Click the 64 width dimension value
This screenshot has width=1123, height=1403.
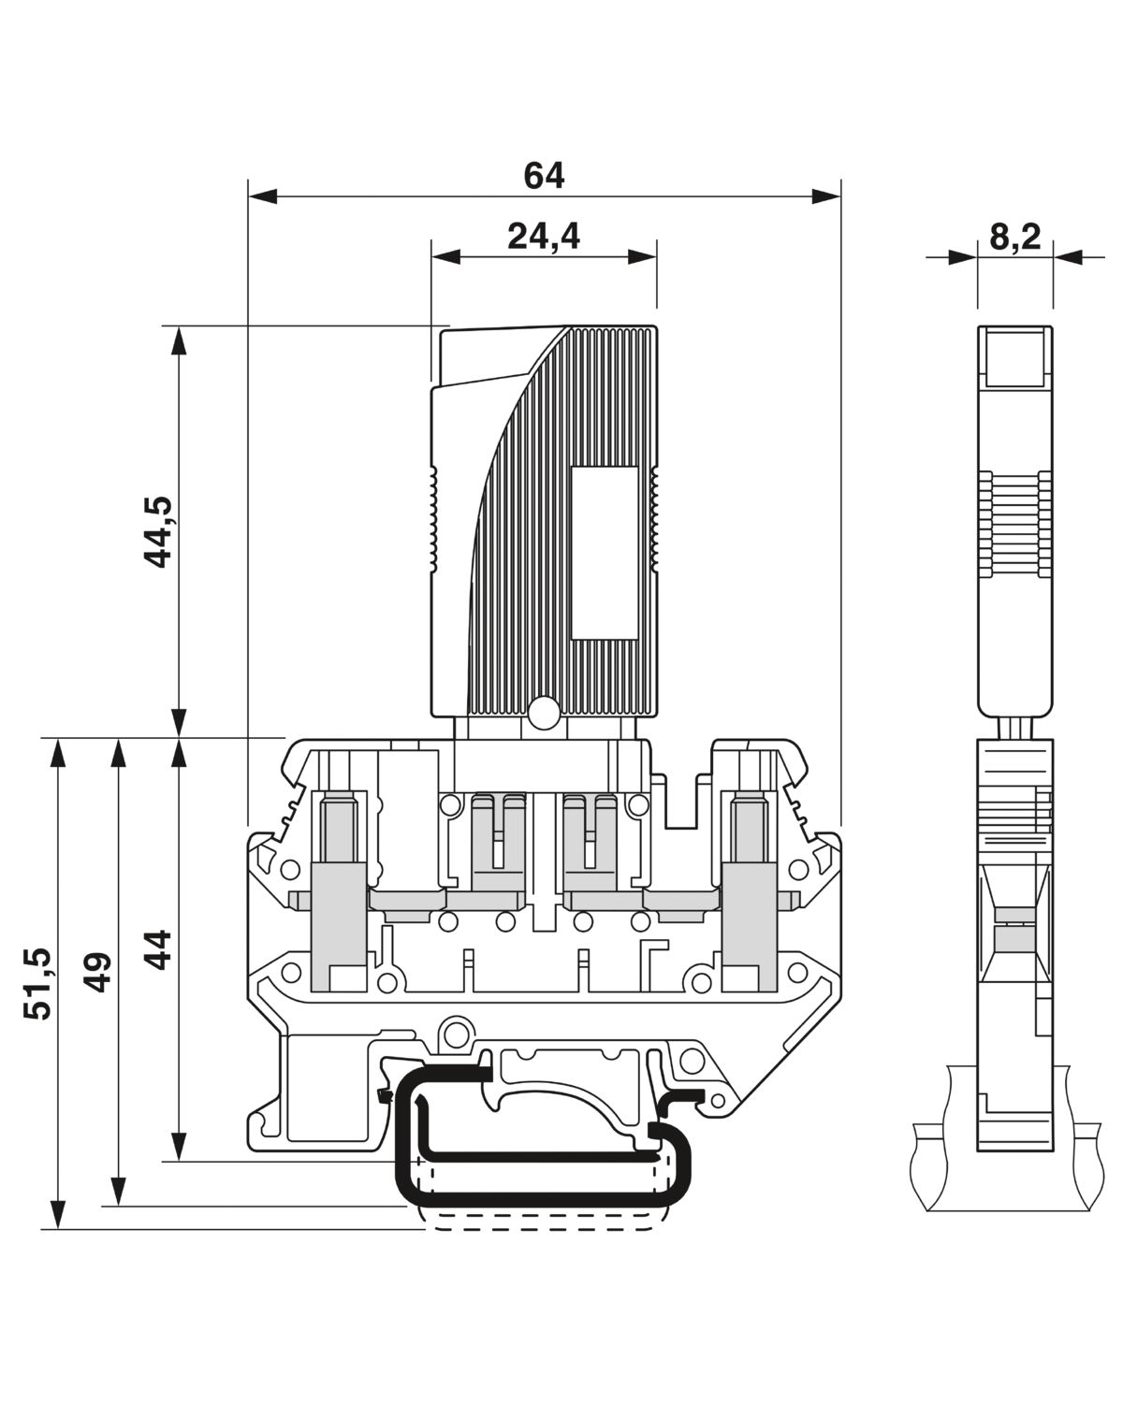coord(544,176)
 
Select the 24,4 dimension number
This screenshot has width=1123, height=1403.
coord(544,237)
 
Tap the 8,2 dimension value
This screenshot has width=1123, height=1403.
coord(1014,237)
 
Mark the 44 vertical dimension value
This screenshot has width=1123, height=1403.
coord(161,948)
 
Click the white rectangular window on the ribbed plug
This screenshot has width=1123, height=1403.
coord(605,554)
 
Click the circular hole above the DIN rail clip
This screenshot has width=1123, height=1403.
coord(456,1034)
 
